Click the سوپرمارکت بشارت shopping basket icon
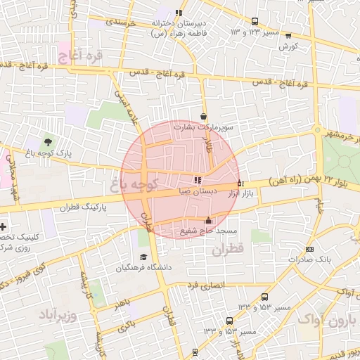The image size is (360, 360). [x=204, y=117]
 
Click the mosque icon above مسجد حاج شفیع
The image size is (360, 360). [x=207, y=220]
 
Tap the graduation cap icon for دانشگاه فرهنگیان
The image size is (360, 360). [x=143, y=257]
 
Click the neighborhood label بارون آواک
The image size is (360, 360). [x=329, y=321]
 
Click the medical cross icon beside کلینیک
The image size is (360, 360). [x=4, y=227]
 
